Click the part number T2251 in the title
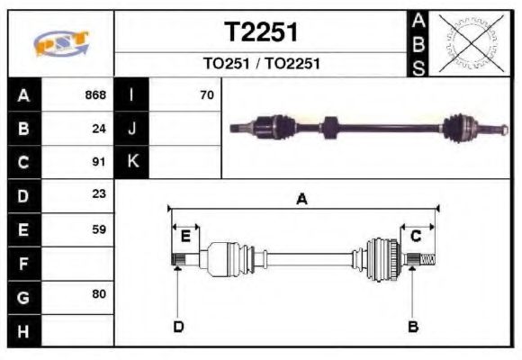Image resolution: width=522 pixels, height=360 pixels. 261,32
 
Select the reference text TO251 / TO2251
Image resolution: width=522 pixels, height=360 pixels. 261,65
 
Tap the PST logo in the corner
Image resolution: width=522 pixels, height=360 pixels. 61,42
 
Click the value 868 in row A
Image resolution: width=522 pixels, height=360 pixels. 94,94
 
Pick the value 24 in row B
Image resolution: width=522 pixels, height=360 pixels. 99,129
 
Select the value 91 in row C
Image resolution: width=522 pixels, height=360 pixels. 99,163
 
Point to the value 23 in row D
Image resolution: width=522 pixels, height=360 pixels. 99,194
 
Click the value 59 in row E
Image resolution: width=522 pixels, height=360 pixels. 99,229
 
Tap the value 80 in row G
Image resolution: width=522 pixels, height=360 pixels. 99,295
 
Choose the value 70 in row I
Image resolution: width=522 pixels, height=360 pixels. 206,94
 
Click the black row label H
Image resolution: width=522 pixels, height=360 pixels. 24,330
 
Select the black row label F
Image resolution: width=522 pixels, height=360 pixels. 24,263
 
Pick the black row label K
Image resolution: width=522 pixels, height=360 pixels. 132,163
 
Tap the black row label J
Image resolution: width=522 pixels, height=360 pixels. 132,129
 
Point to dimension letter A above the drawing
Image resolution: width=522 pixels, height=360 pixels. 302,200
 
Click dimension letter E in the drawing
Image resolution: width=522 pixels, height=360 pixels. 185,237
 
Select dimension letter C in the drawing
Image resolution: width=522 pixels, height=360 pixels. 416,237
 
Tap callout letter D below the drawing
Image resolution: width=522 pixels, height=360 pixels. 178,326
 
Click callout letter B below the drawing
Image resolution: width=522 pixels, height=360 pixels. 413,326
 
